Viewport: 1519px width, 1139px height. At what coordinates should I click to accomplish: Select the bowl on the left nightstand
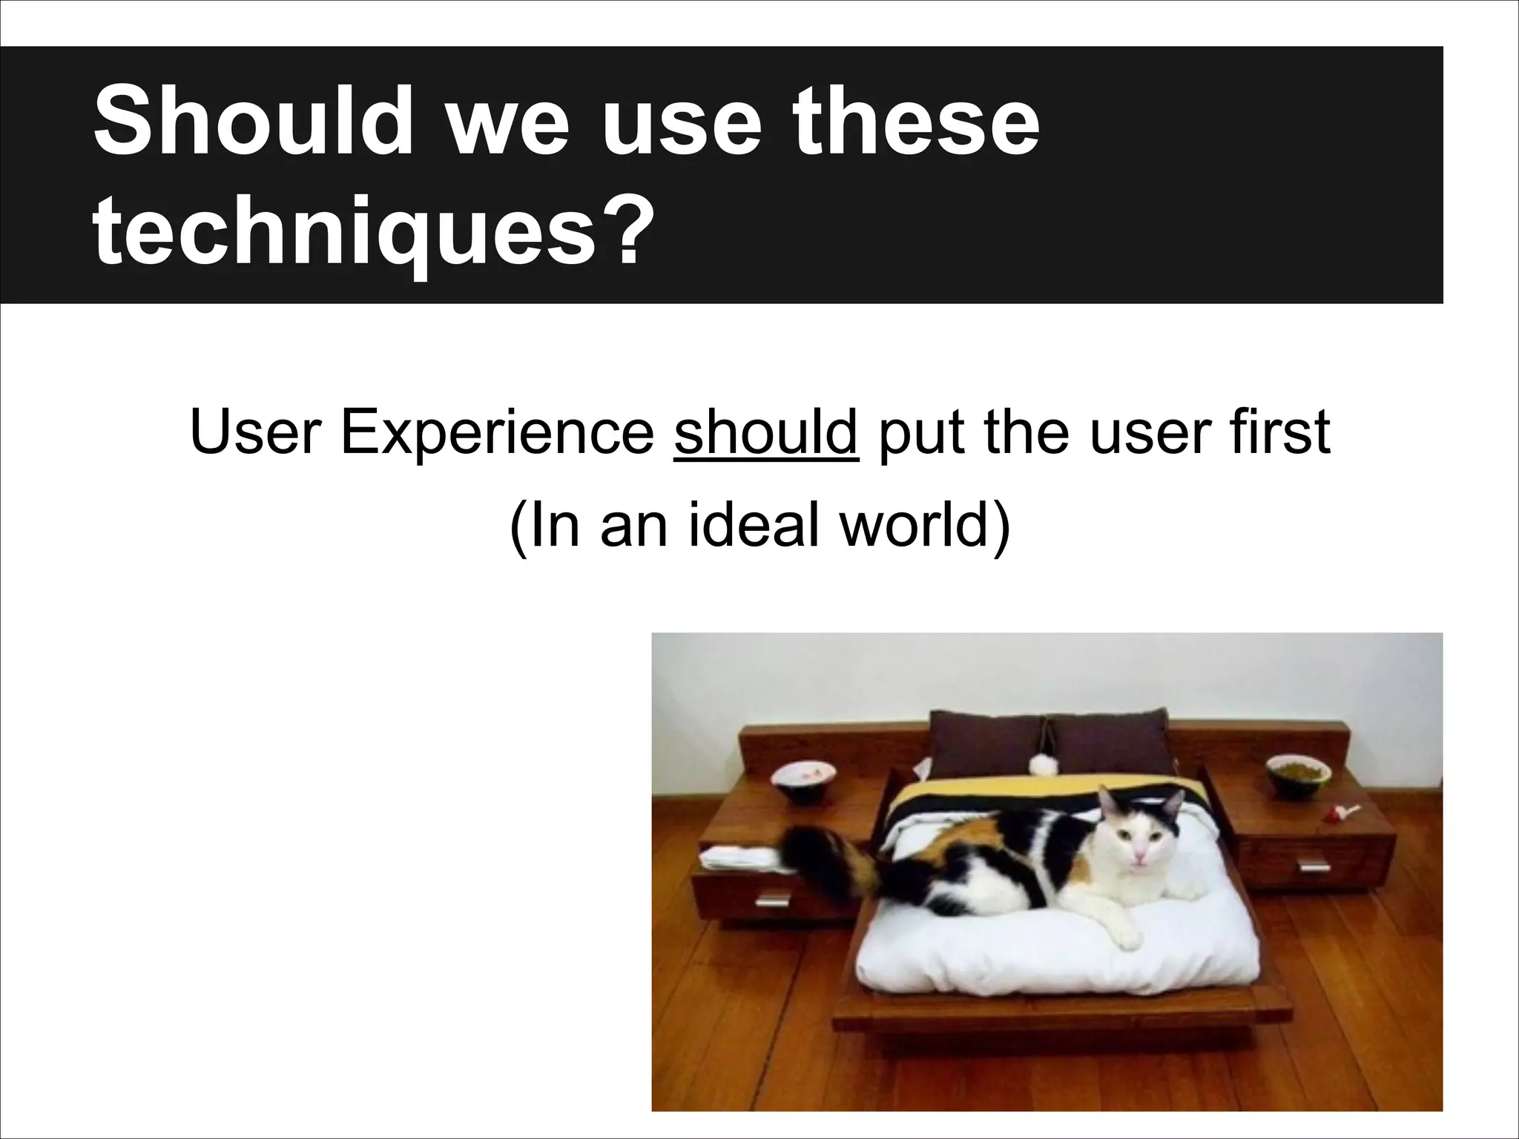(x=803, y=781)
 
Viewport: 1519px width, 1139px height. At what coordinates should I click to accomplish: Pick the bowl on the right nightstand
(x=1298, y=775)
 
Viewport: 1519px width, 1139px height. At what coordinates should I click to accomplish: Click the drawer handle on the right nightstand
(x=1314, y=865)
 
